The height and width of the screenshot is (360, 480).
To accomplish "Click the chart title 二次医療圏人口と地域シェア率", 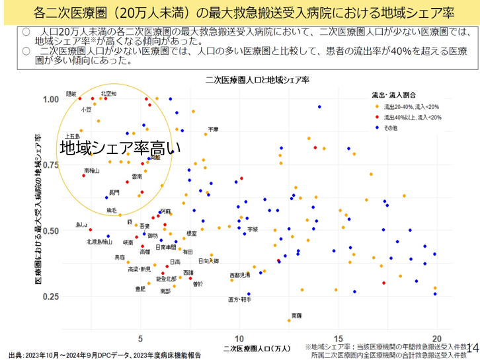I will point(257,79).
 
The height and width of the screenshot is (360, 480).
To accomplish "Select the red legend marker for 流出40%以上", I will point(377,116).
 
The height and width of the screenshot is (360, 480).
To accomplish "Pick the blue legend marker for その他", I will point(377,127).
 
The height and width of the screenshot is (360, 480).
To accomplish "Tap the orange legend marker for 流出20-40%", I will point(377,106).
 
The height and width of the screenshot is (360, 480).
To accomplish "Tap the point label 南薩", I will point(297,316).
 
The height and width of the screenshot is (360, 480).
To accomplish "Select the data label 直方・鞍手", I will point(239,299).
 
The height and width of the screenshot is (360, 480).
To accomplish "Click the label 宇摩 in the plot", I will point(213,129).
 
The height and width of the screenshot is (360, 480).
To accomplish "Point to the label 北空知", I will point(109,93).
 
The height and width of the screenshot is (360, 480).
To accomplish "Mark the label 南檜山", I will point(92,170).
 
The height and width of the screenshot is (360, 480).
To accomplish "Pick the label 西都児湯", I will point(239,274).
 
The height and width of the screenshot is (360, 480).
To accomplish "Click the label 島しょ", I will point(81,225).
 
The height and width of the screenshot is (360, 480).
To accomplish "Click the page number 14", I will point(472,348).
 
